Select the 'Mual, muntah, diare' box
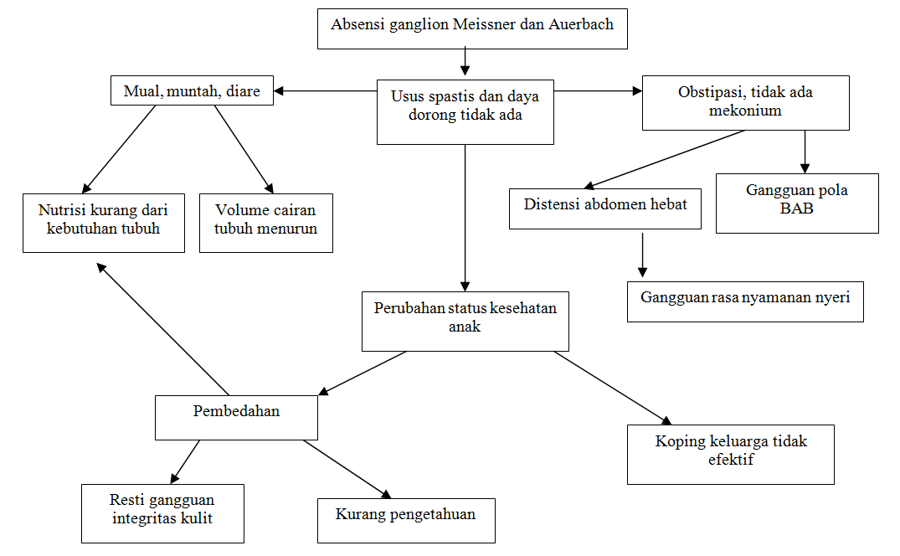click(192, 91)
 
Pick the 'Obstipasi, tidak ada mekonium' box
click(745, 103)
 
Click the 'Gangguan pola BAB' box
click(797, 203)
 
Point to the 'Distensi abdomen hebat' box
click(605, 208)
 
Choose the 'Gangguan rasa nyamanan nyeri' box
click(745, 302)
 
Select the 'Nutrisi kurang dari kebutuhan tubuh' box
click(103, 223)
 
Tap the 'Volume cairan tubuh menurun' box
click(265, 223)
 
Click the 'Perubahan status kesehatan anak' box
click(465, 321)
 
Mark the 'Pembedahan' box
click(236, 417)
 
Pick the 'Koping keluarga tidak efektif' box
click(730, 454)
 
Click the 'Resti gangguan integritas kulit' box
click(162, 512)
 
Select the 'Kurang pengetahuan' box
click(406, 520)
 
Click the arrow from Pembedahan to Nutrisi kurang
click(163, 329)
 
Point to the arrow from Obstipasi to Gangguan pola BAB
click(805, 151)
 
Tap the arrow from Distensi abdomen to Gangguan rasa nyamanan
click(642, 254)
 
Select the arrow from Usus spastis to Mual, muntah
click(327, 90)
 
